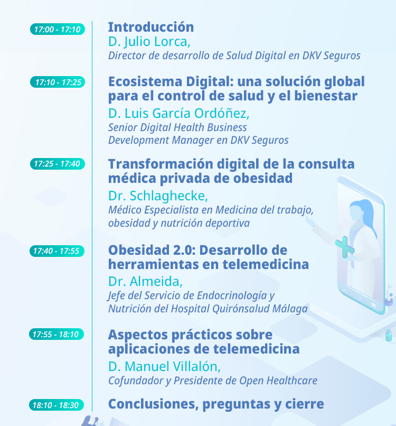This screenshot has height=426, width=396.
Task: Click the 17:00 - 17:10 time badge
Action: tap(57, 29)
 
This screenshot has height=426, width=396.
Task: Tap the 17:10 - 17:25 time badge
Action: tap(58, 82)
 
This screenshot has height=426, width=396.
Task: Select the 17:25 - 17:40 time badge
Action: tap(57, 164)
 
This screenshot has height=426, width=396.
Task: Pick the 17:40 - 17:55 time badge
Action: tap(57, 251)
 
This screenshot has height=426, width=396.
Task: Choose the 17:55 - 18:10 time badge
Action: tap(56, 334)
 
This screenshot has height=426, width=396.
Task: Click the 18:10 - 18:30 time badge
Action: tap(56, 405)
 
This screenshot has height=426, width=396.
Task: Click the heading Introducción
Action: tap(151, 27)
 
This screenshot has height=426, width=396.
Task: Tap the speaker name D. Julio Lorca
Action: tap(149, 42)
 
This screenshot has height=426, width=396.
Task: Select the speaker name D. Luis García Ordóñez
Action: tap(178, 113)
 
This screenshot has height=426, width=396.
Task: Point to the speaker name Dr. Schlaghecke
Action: tap(158, 196)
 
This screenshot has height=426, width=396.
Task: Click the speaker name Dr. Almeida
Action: tap(145, 282)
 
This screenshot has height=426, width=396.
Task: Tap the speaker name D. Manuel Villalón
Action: tap(164, 366)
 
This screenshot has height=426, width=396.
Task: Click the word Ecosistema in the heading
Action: tap(145, 81)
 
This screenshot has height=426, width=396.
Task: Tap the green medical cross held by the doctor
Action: tap(345, 247)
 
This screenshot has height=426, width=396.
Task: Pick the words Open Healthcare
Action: tap(278, 381)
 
